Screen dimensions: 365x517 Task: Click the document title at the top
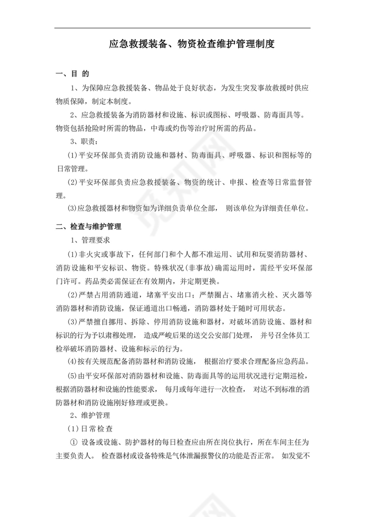192,44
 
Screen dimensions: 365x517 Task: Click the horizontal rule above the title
182,28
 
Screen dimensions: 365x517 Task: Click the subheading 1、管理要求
90,241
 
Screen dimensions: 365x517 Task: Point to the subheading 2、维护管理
87,415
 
